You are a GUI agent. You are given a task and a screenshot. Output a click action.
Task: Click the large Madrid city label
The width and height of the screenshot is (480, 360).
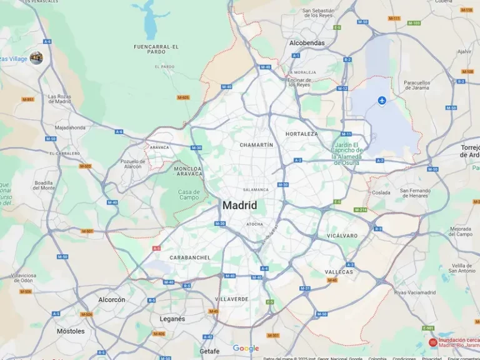coord(239,205)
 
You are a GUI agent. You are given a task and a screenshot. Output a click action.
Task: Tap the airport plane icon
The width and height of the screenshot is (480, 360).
coord(382,100)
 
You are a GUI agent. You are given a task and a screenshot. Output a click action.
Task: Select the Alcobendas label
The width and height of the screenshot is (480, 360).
coord(307,43)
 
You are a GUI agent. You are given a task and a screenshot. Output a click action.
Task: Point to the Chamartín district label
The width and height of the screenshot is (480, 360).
coord(256,145)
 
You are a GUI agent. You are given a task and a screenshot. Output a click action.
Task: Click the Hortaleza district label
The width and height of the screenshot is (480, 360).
coord(302,134)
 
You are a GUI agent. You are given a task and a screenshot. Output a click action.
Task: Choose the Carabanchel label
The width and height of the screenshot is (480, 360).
coord(190,257)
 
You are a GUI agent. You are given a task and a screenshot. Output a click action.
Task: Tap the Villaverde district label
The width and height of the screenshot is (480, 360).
coord(232,299)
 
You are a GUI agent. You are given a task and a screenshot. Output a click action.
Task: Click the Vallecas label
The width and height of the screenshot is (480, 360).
coord(339,272)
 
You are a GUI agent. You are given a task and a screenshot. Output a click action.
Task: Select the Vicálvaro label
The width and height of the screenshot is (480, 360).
coord(342,236)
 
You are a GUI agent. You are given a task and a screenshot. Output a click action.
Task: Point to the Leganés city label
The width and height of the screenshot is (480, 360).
coord(172,319)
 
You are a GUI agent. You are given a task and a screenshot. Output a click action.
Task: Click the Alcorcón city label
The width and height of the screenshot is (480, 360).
coord(112,300)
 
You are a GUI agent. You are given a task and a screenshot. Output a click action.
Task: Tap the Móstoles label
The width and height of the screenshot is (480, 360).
coord(71,331)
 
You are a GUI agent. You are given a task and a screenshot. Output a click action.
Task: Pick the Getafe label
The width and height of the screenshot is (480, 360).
coord(209,351)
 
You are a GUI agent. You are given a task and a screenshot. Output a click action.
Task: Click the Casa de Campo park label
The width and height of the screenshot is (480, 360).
coord(189,194)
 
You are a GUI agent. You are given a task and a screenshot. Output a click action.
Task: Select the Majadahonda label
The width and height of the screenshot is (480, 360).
coord(70,127)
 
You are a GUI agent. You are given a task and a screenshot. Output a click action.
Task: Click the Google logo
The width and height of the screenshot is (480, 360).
coord(246,349)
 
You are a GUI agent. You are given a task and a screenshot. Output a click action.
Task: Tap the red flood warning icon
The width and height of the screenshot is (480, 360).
coord(432,342)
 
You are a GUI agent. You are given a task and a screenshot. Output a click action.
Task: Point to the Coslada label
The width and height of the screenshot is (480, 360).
coord(381,192)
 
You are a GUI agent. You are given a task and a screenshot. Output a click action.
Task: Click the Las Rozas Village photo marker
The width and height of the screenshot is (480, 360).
coord(36,58)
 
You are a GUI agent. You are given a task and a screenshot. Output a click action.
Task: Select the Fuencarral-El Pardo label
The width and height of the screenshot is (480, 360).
coord(156,49)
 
